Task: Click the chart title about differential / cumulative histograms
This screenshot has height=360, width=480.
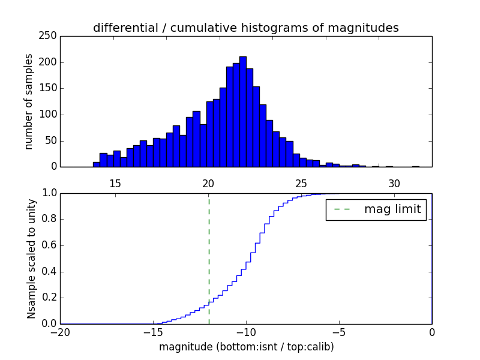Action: coord(246,28)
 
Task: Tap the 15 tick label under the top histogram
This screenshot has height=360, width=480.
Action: coord(115,183)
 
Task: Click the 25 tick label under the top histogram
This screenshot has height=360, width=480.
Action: coord(301,183)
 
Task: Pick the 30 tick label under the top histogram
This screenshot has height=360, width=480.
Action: coord(394,183)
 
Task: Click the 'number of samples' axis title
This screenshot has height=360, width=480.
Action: coord(29,101)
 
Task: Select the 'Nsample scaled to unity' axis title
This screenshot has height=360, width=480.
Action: coord(31,258)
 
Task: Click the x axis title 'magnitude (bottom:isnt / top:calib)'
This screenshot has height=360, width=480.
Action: coord(246,347)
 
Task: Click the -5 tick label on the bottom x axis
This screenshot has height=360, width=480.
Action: coord(339,332)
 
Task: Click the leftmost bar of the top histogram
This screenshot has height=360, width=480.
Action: coord(96,164)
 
